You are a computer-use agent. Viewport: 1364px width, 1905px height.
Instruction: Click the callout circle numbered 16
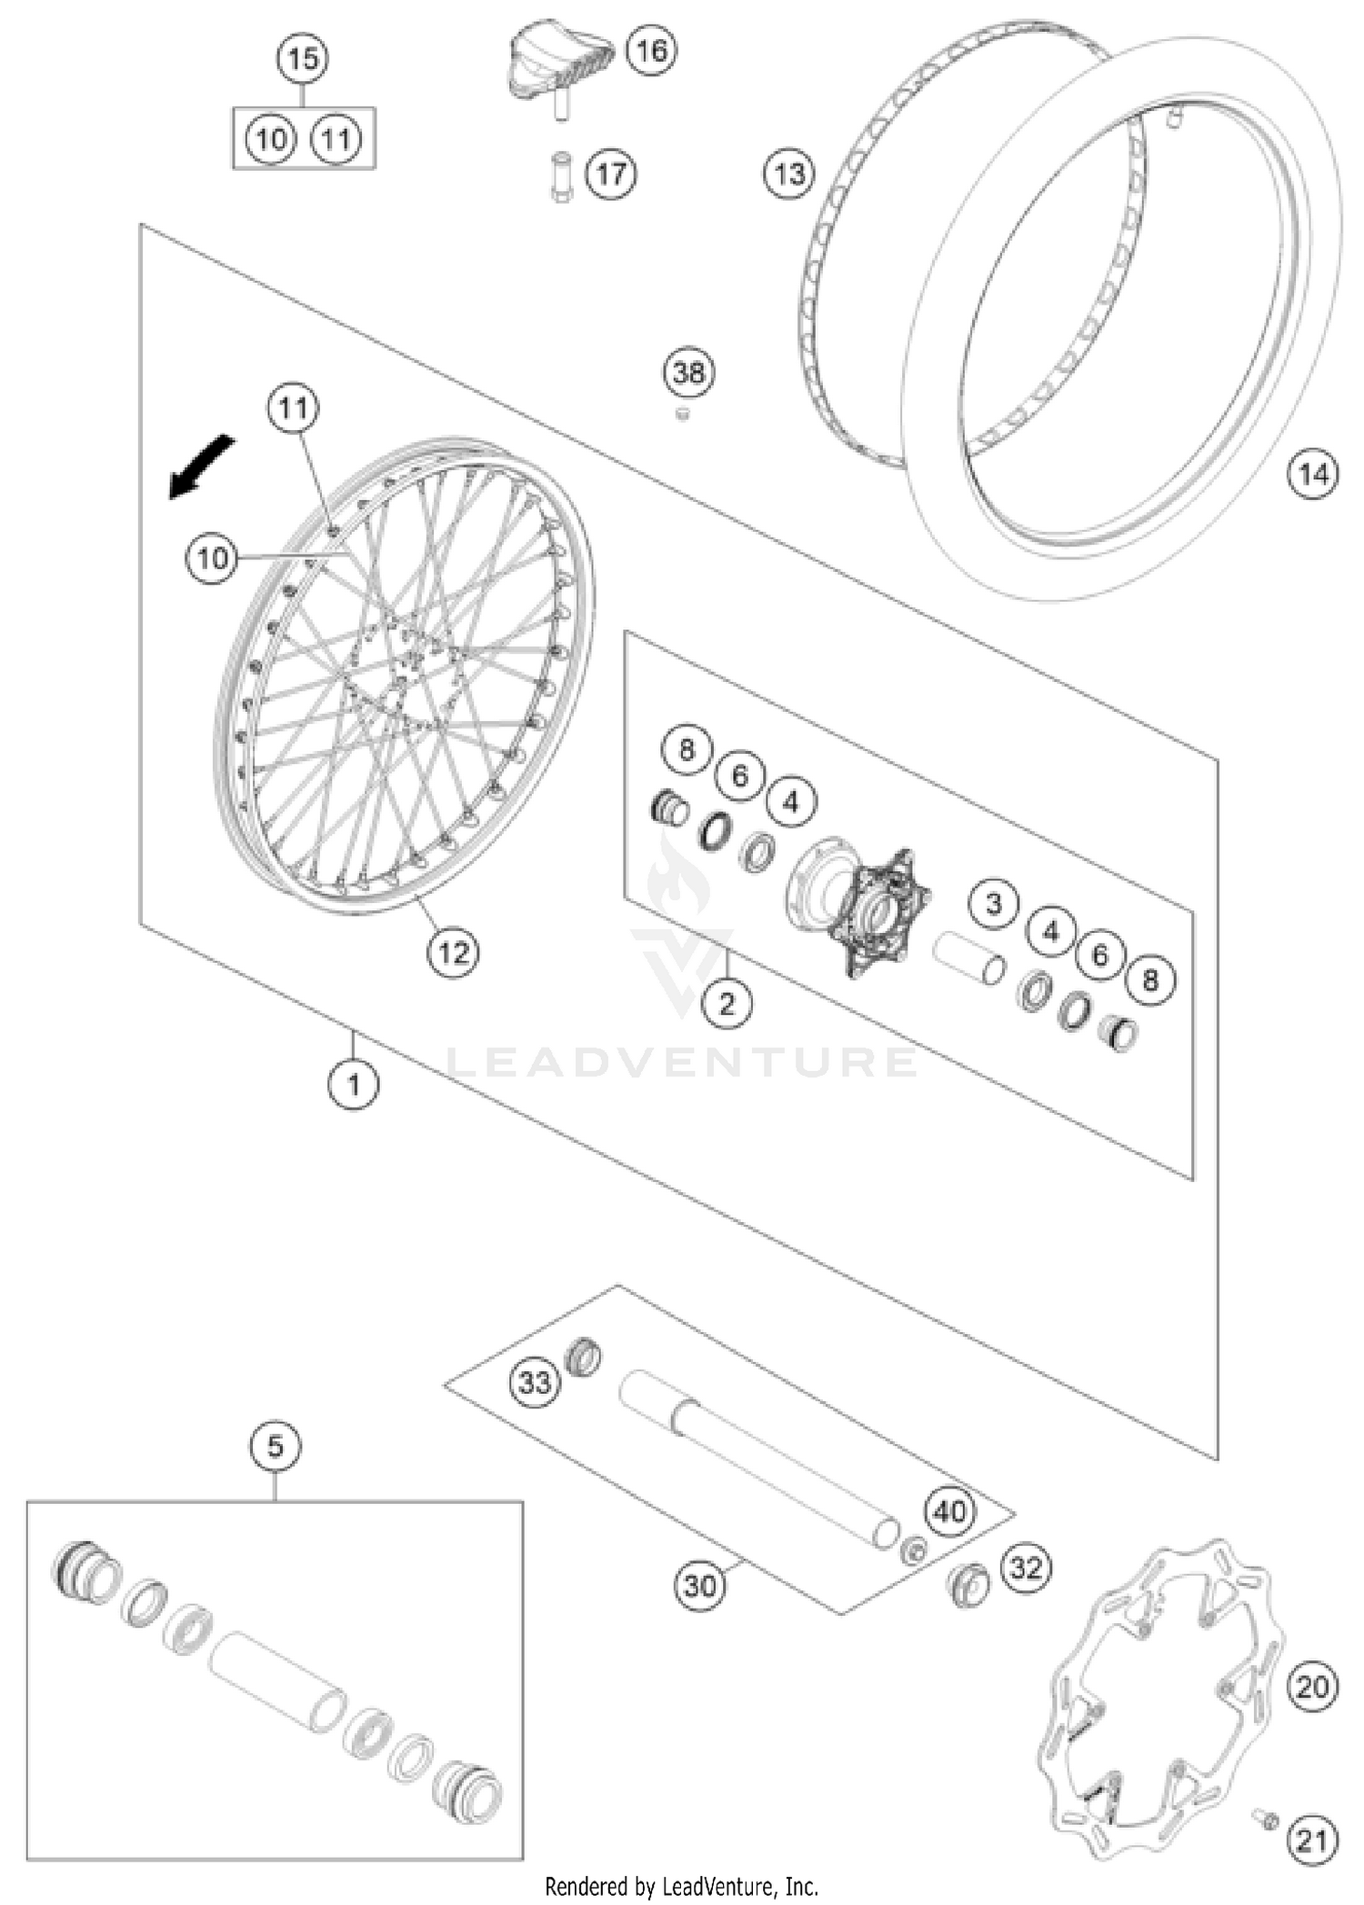[x=651, y=50]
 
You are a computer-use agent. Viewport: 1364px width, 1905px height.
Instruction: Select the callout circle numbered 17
[x=611, y=173]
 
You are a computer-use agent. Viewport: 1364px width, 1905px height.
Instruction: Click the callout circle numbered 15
[x=303, y=59]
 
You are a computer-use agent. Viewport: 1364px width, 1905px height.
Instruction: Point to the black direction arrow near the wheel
[x=202, y=466]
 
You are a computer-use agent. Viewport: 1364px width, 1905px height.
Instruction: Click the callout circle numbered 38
[x=688, y=372]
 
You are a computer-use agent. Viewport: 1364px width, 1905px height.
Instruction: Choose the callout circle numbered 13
[x=789, y=173]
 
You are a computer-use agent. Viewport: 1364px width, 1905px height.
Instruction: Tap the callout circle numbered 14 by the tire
[x=1313, y=474]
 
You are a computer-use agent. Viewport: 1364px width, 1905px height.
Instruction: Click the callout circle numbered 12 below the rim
[x=453, y=952]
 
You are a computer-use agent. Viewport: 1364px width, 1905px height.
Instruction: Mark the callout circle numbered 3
[x=993, y=904]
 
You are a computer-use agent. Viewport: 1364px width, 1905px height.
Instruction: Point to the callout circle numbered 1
[x=354, y=1084]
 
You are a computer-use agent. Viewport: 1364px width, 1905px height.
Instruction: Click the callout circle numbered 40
[x=949, y=1512]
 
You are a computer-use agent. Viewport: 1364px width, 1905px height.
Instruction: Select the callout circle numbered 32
[x=1026, y=1568]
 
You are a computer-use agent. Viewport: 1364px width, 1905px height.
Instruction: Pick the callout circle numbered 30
[x=699, y=1586]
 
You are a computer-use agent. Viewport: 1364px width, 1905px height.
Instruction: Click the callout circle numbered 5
[x=276, y=1446]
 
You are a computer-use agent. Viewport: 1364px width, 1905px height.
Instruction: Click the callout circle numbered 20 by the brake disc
[x=1312, y=1688]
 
